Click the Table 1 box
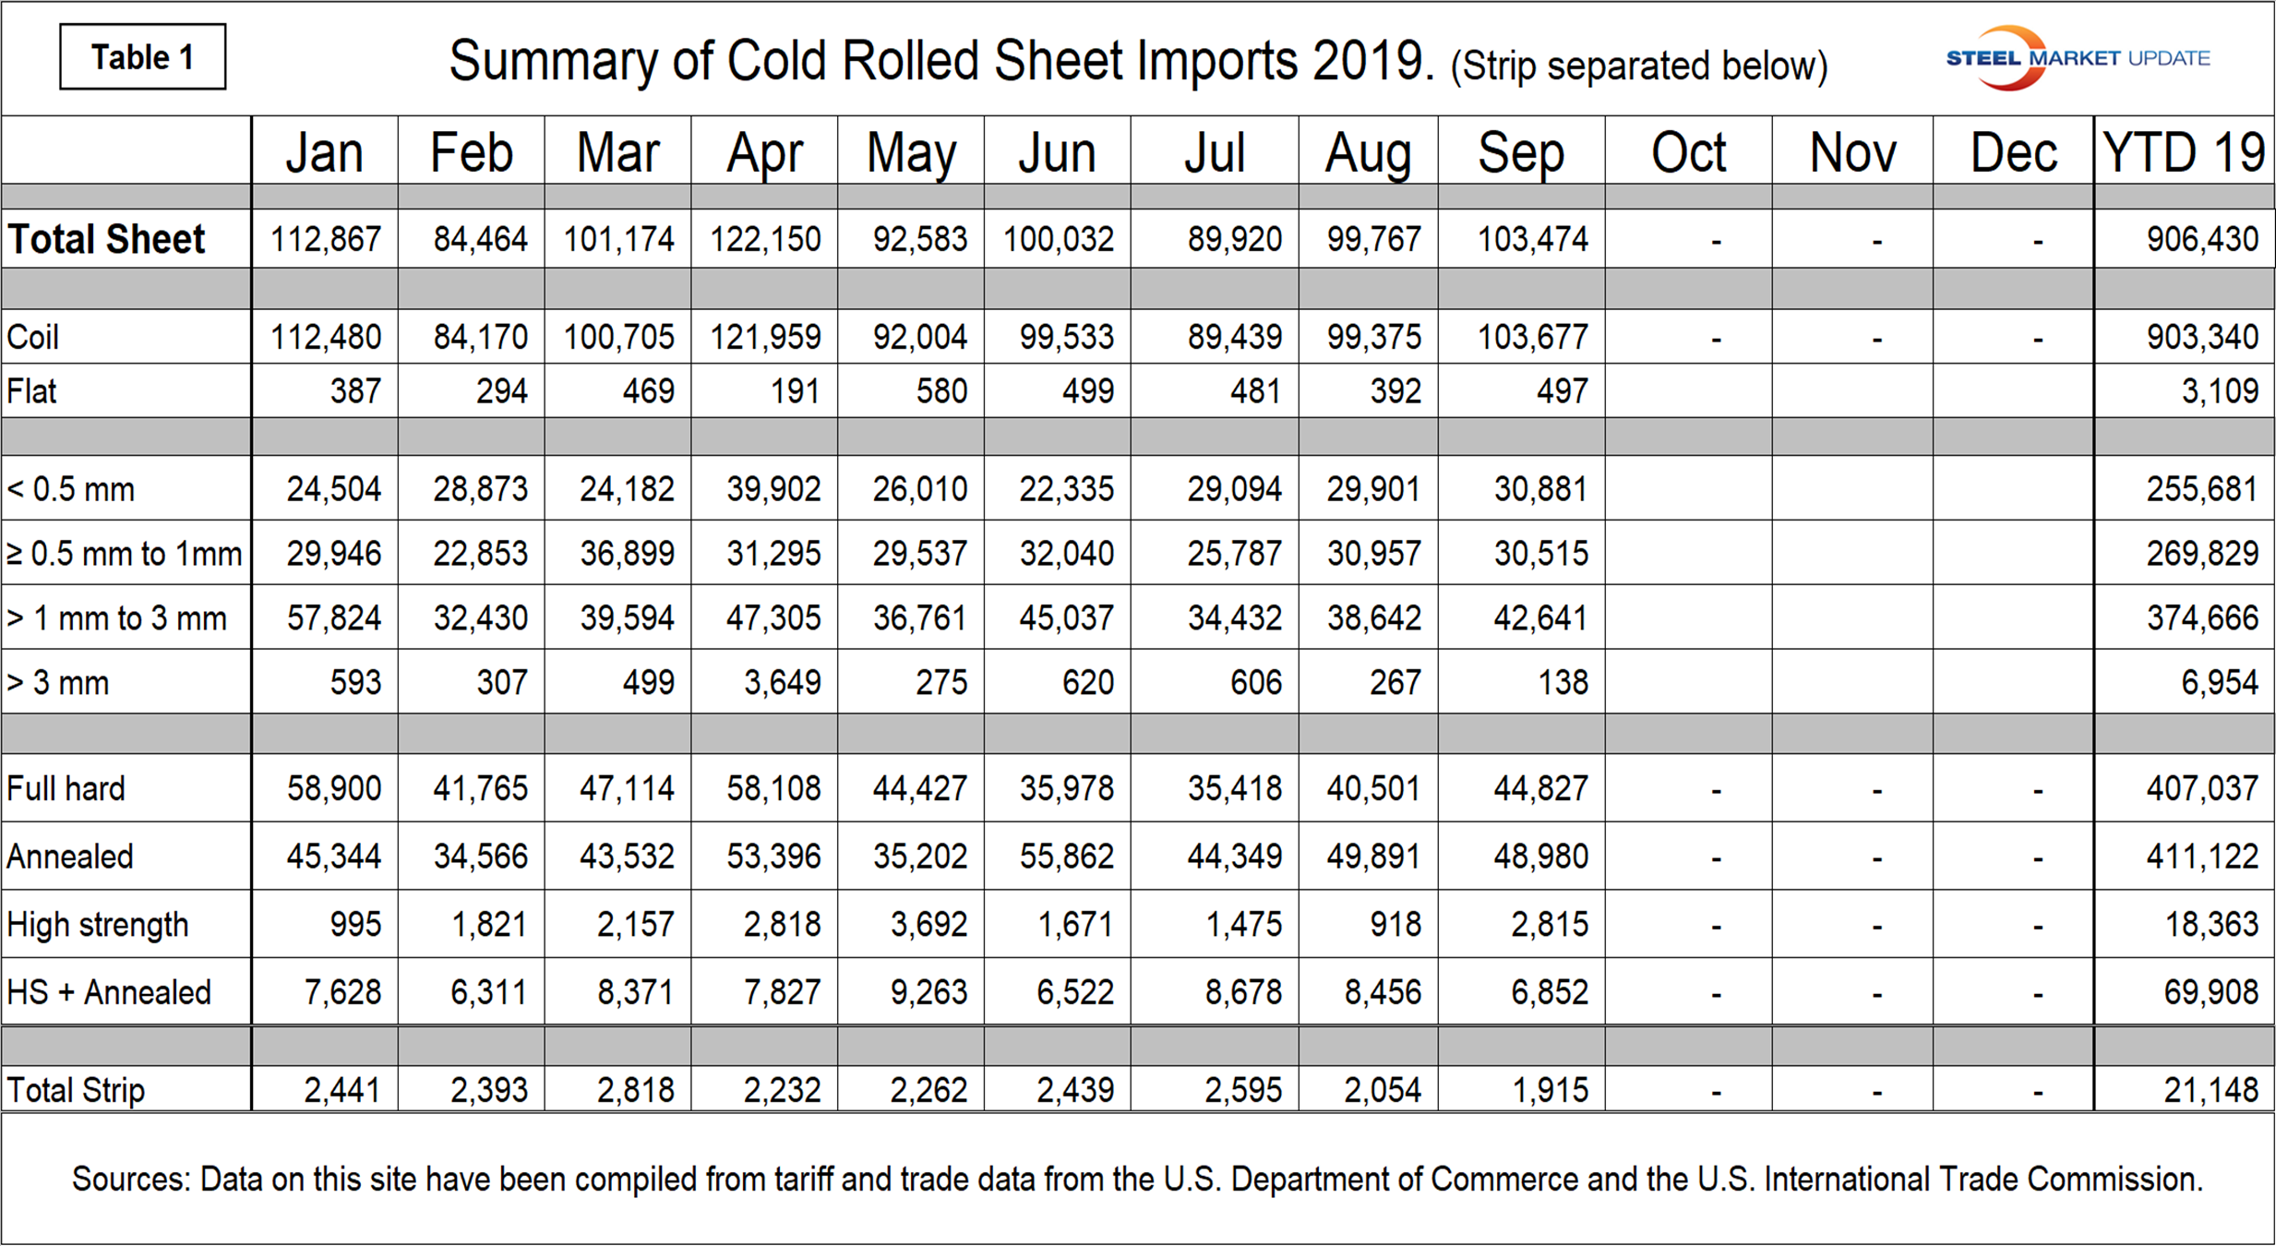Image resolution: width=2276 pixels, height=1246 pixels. [x=142, y=57]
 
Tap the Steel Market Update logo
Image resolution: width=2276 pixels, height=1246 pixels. [x=2077, y=58]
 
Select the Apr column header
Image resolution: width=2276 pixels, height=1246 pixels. [x=764, y=152]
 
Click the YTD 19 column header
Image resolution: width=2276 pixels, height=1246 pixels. [x=2183, y=152]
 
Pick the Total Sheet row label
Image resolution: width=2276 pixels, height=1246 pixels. [x=106, y=239]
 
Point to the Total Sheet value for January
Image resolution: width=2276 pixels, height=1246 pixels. [x=325, y=240]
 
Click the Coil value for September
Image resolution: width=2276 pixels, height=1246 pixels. [x=1532, y=337]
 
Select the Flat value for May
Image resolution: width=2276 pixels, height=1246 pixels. [x=941, y=391]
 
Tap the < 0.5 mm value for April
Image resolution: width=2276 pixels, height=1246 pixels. [x=773, y=489]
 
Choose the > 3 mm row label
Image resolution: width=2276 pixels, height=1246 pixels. [x=58, y=683]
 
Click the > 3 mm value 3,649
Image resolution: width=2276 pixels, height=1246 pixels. [x=782, y=683]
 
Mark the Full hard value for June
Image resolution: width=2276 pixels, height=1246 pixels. [x=1066, y=789]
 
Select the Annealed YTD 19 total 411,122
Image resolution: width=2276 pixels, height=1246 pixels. [x=2202, y=857]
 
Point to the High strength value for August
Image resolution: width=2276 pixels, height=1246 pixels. [x=1396, y=925]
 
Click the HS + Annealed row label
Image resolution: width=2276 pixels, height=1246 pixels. [x=109, y=993]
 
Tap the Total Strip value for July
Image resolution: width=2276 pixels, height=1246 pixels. [x=1242, y=1091]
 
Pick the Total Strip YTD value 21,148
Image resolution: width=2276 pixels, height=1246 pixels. [x=2210, y=1091]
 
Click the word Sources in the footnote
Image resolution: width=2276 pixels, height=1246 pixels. [x=130, y=1180]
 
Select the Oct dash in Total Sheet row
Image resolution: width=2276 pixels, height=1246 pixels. [x=1716, y=242]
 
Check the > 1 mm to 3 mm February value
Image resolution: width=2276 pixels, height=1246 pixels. [x=481, y=618]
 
